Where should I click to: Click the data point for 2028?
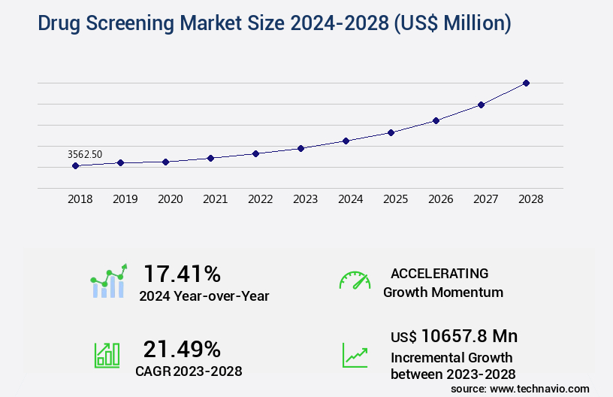point(526,83)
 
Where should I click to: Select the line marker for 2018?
point(76,165)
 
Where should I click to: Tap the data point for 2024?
point(346,141)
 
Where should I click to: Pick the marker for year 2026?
point(436,120)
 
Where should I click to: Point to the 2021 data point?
point(211,158)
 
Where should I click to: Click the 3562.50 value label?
point(85,154)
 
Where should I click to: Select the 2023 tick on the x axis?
point(305,199)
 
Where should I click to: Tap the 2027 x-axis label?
point(485,199)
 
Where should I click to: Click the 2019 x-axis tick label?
point(125,199)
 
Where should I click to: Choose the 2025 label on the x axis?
point(395,199)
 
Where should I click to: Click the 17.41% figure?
point(182,273)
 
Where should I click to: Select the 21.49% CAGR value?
point(182,349)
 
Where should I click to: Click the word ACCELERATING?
point(439,273)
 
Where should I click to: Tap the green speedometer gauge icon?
point(355,280)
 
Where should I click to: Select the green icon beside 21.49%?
point(107,355)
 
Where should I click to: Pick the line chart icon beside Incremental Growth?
point(355,355)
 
